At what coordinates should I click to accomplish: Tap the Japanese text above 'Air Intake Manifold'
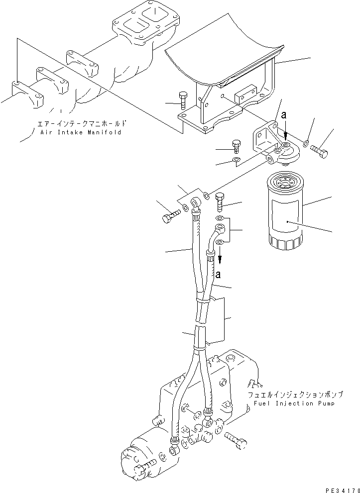click(82, 123)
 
